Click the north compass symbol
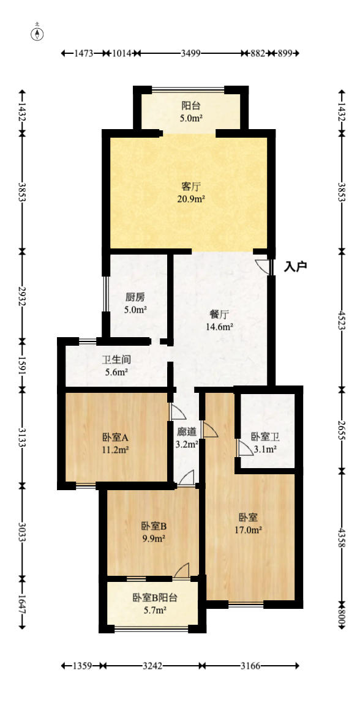pyautogui.click(x=38, y=33)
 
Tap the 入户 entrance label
pyautogui.click(x=296, y=267)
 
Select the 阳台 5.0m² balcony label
pyautogui.click(x=191, y=105)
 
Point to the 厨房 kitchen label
pyautogui.click(x=135, y=297)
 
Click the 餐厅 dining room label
pyautogui.click(x=219, y=315)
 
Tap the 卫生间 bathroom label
pyautogui.click(x=116, y=360)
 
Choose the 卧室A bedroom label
pyautogui.click(x=115, y=438)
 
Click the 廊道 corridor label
pyautogui.click(x=187, y=431)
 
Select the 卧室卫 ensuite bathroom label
pyautogui.click(x=265, y=437)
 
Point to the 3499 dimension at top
pyautogui.click(x=191, y=53)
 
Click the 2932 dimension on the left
pyautogui.click(x=22, y=296)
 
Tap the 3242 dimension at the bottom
pyautogui.click(x=153, y=665)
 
